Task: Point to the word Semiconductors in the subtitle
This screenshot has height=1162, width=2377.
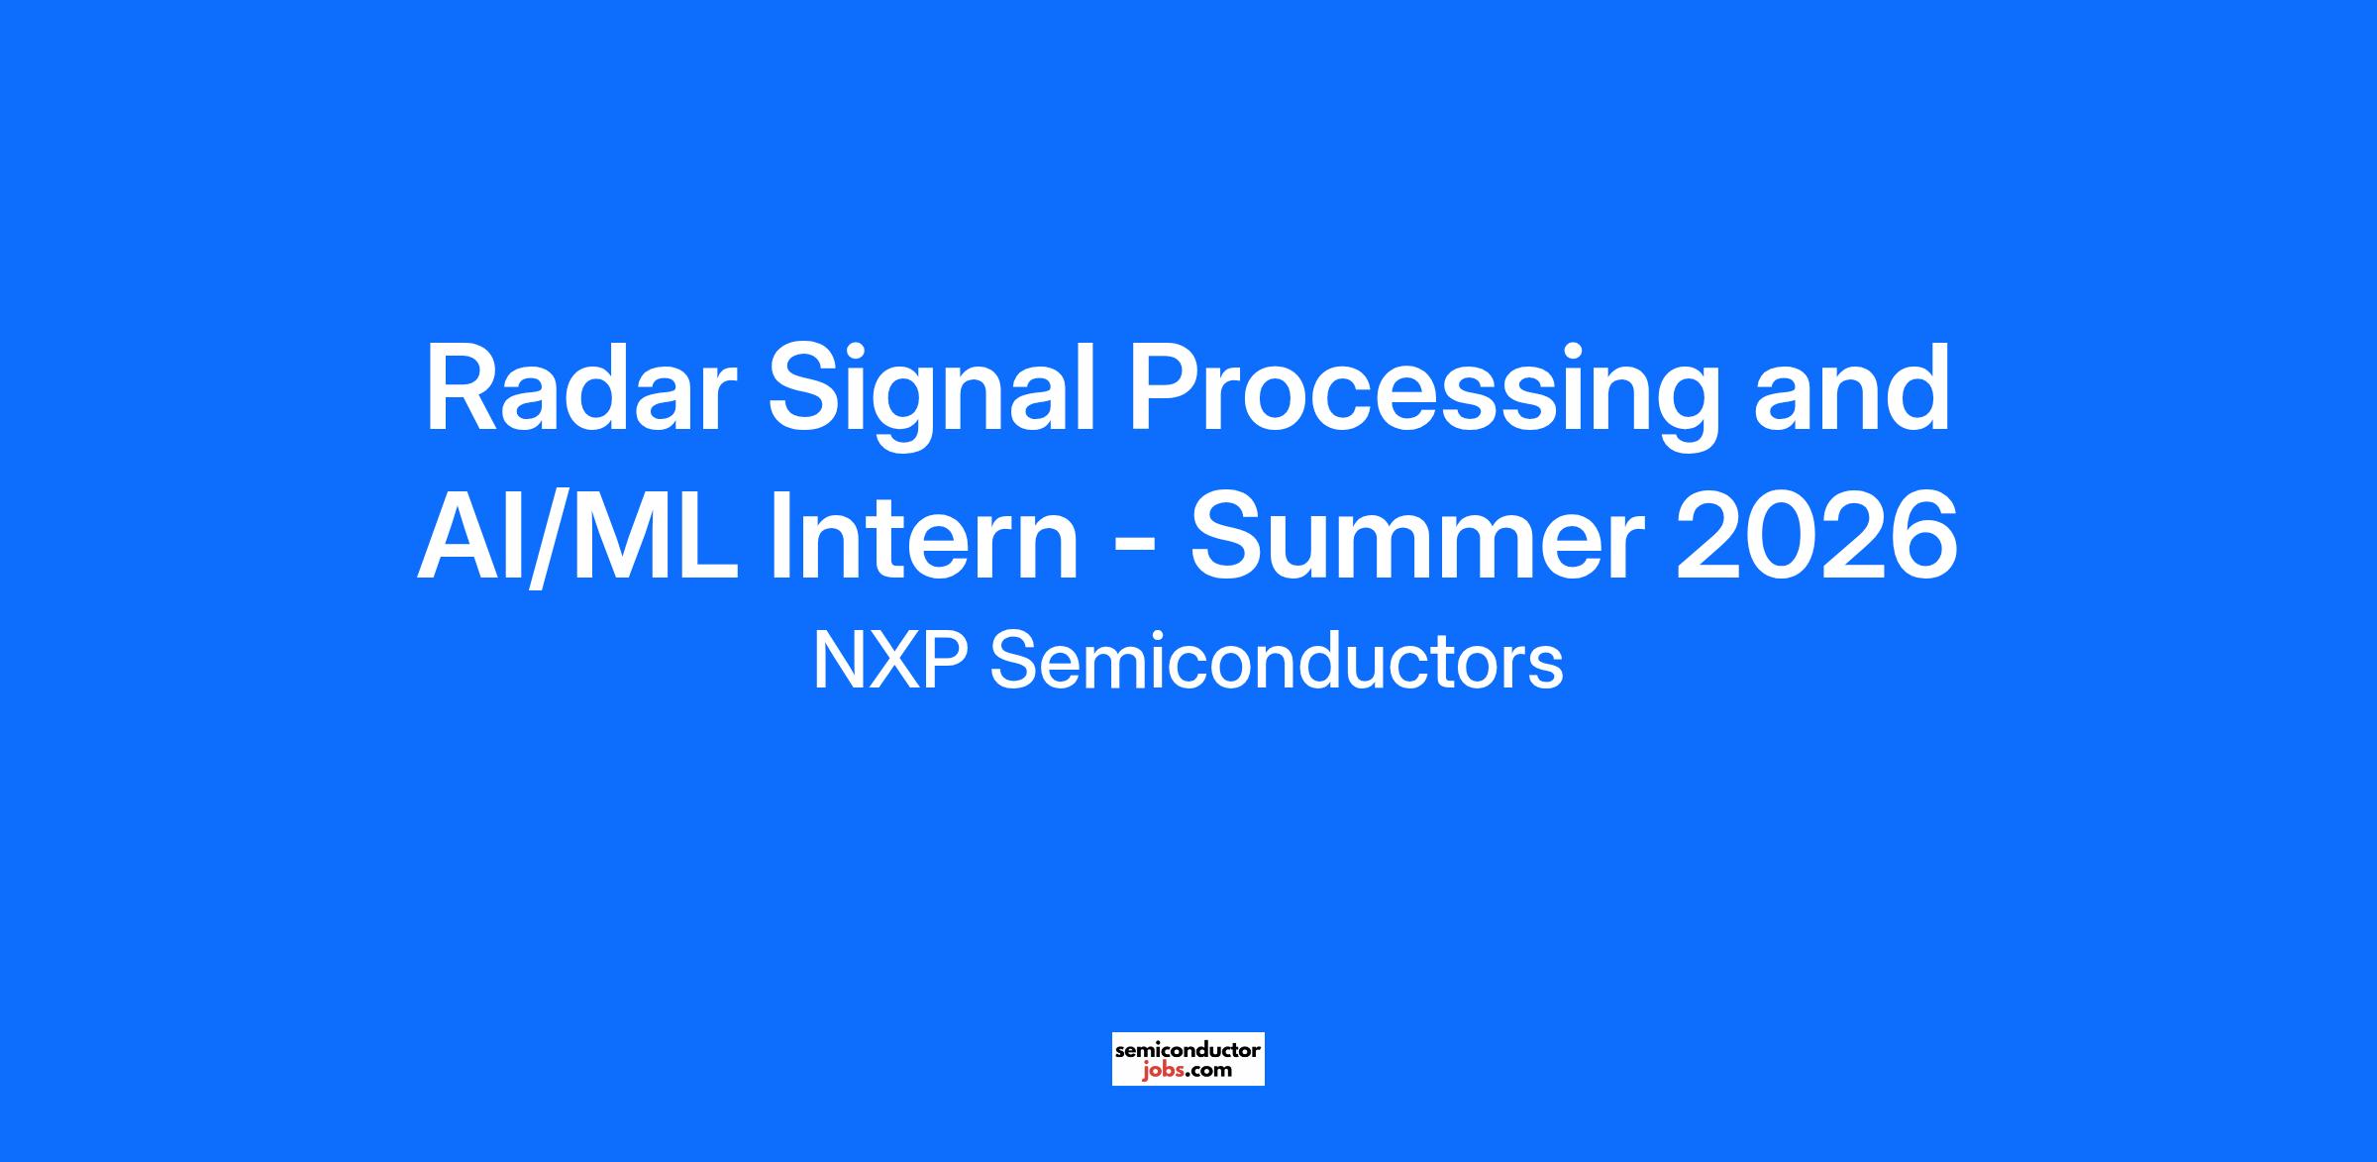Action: point(1277,661)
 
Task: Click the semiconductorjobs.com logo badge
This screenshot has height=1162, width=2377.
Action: point(1188,1059)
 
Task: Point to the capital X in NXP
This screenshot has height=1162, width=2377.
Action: point(895,661)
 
